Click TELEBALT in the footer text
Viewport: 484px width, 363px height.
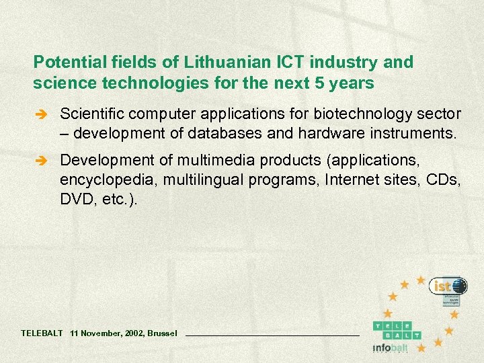(x=42, y=333)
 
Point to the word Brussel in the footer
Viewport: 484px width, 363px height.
(x=162, y=333)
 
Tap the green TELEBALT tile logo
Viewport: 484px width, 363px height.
(x=397, y=329)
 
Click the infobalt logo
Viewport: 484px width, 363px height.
(x=391, y=348)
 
